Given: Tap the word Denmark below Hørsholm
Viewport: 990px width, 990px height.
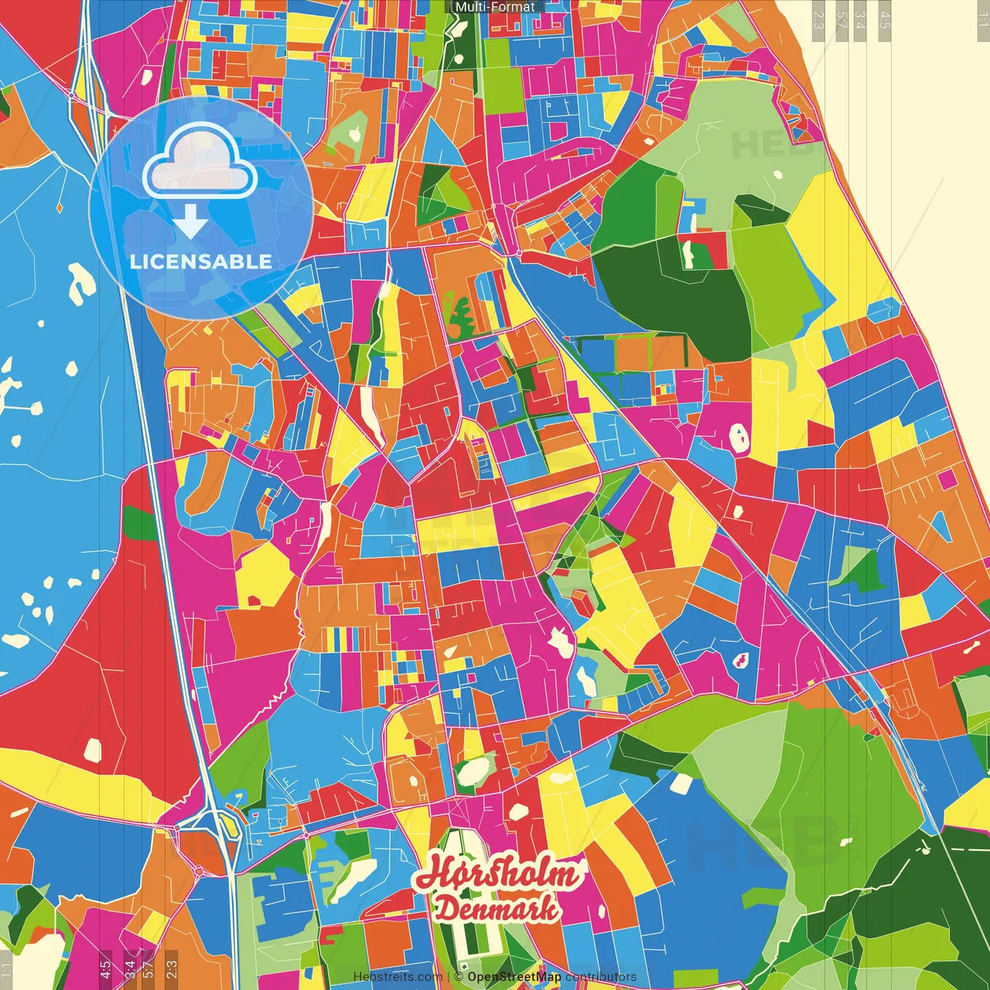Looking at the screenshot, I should tap(497, 909).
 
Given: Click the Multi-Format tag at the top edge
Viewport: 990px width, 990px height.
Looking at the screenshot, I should tap(495, 7).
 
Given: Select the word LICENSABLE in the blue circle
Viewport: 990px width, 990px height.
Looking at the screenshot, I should tap(201, 261).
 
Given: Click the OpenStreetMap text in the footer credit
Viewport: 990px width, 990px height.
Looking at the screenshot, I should tap(514, 977).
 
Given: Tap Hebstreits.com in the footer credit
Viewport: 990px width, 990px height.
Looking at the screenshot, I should tap(398, 977).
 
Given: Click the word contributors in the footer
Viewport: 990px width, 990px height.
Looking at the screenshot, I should tap(601, 977).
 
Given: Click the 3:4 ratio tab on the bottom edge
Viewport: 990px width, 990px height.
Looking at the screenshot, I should tap(129, 967).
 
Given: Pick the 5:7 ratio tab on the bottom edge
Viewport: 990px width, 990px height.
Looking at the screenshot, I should tap(148, 967).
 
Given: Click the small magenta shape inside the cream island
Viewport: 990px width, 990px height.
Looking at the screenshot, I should tap(740, 660).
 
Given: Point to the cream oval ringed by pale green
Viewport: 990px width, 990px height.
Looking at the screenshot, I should tap(473, 770).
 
